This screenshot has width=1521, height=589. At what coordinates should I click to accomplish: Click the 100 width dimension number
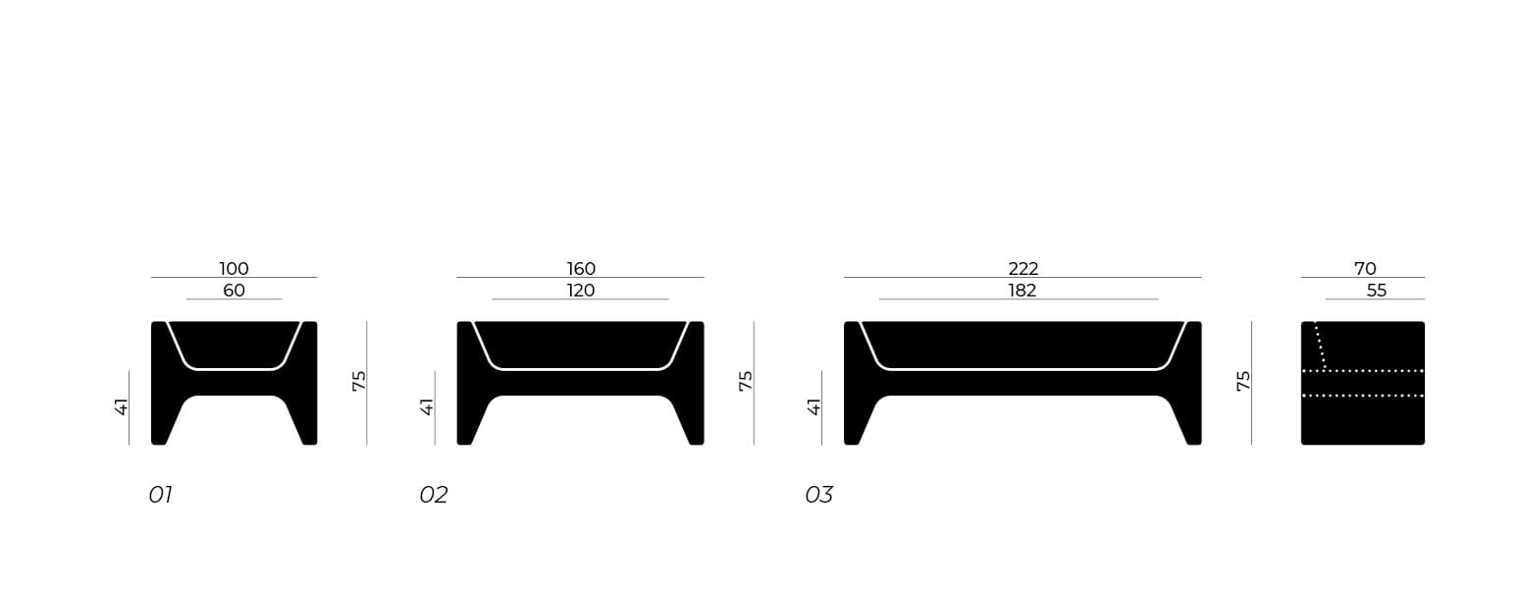[x=234, y=268]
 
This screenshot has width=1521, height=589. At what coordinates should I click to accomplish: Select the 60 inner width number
[x=234, y=291]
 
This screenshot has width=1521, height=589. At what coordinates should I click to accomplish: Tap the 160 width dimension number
[x=581, y=268]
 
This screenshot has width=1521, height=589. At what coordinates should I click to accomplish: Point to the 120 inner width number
[x=581, y=291]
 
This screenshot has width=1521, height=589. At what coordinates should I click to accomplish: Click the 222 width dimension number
[x=1023, y=268]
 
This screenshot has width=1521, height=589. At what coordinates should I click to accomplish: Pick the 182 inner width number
[x=1022, y=291]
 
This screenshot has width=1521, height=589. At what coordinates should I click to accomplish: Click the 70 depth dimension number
[x=1365, y=268]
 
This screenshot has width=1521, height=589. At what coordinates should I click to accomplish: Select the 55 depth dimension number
[x=1377, y=291]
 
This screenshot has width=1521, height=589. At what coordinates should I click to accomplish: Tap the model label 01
[x=160, y=495]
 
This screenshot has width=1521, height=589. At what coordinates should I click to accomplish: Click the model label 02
[x=433, y=495]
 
